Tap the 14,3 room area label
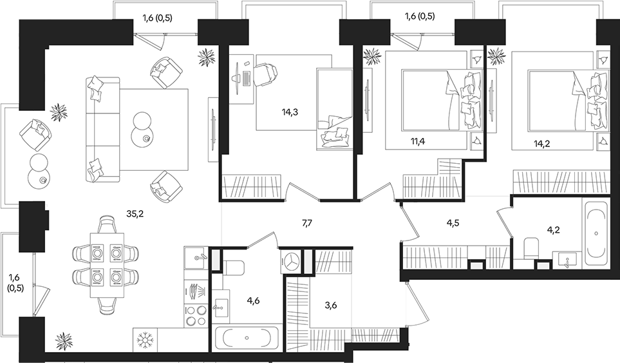pos(290,112)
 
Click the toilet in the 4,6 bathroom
pos(234,266)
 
